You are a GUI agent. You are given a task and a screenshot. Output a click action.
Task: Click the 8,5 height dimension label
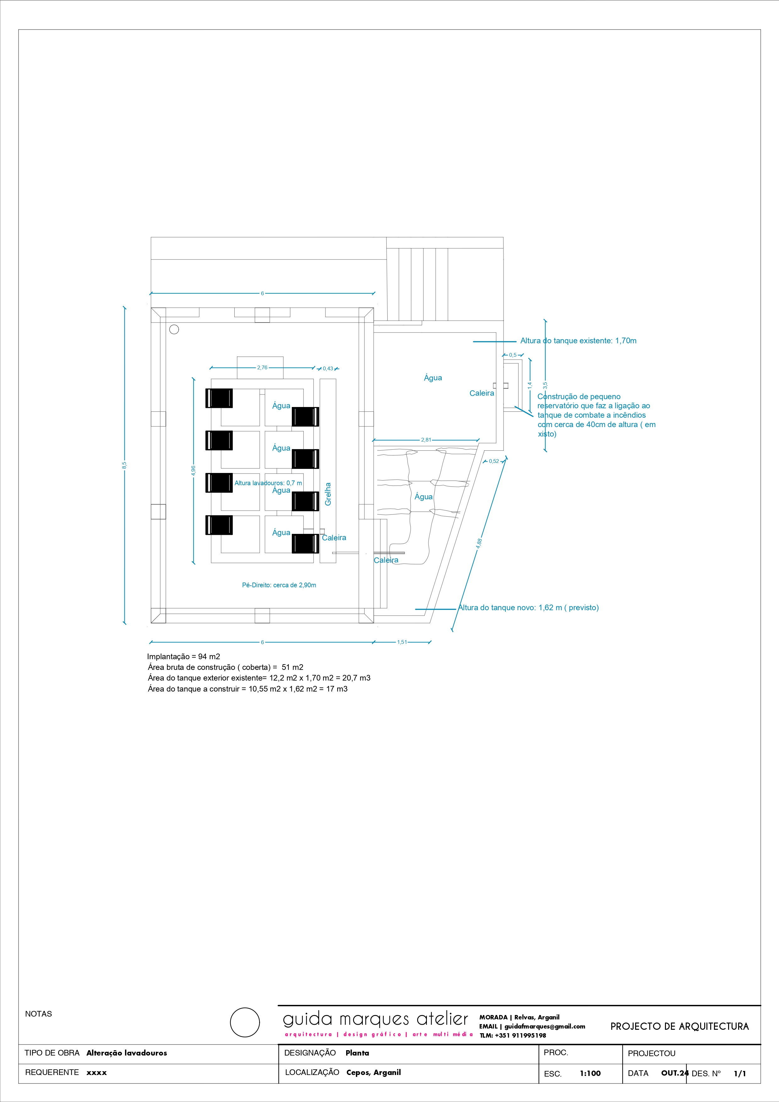click(x=124, y=465)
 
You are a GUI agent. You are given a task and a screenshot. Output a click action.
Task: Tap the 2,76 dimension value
click(x=262, y=368)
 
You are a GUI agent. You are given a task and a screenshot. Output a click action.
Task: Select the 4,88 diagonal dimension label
click(x=479, y=543)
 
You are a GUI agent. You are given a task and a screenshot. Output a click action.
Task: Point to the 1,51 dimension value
click(x=402, y=642)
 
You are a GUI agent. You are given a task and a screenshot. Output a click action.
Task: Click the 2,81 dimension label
click(x=426, y=440)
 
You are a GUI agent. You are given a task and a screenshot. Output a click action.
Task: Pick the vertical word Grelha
click(x=328, y=494)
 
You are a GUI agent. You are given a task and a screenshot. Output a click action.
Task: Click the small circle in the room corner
click(x=174, y=329)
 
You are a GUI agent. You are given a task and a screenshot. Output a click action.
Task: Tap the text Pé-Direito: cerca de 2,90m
click(x=279, y=585)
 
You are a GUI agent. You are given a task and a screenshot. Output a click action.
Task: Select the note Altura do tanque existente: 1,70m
click(x=578, y=341)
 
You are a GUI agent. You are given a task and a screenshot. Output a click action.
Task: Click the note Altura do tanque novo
click(x=528, y=608)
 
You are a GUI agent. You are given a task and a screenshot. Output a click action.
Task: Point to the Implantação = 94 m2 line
click(x=183, y=657)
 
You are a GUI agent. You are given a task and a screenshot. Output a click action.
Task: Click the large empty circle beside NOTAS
click(x=245, y=1022)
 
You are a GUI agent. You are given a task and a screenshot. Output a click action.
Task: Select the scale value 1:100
click(x=590, y=1073)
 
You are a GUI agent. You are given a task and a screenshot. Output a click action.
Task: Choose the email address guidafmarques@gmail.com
click(x=544, y=1026)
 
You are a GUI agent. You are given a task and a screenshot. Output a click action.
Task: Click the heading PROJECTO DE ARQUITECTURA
click(x=679, y=1027)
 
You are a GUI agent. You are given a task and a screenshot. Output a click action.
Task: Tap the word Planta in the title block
click(x=357, y=1053)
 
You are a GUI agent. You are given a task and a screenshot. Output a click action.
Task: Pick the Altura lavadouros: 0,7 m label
click(x=268, y=483)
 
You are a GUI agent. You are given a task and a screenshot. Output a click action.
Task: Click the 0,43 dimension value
click(x=328, y=369)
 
